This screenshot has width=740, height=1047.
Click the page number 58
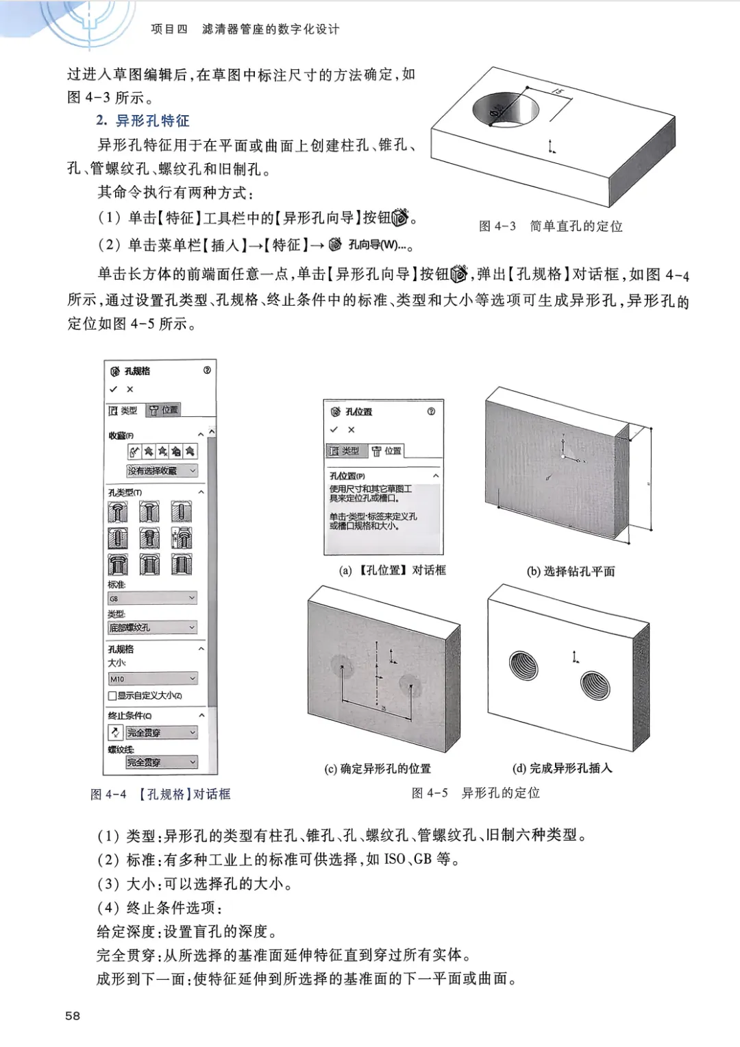click(73, 1015)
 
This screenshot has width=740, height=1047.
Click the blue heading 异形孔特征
click(152, 121)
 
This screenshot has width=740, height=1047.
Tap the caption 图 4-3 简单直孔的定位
click(551, 226)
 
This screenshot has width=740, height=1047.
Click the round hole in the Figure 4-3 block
click(506, 108)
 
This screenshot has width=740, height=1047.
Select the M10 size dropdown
click(153, 679)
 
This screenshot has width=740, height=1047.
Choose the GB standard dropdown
click(153, 599)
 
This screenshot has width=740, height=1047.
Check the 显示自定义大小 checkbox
click(112, 696)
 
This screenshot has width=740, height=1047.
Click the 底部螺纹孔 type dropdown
click(153, 627)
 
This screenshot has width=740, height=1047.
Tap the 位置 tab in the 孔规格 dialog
click(164, 410)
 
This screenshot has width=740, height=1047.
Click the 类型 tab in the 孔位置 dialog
click(345, 450)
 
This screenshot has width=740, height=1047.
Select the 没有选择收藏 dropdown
click(162, 470)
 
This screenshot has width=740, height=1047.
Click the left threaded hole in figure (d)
click(523, 665)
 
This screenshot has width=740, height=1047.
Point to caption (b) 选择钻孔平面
click(571, 571)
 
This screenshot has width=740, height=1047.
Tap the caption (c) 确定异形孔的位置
click(378, 769)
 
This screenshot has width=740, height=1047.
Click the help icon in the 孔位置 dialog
click(431, 411)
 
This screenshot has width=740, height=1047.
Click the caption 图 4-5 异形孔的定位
click(476, 793)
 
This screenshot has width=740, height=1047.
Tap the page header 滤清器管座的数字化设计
click(271, 29)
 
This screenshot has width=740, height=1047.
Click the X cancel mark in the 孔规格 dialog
click(130, 389)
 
